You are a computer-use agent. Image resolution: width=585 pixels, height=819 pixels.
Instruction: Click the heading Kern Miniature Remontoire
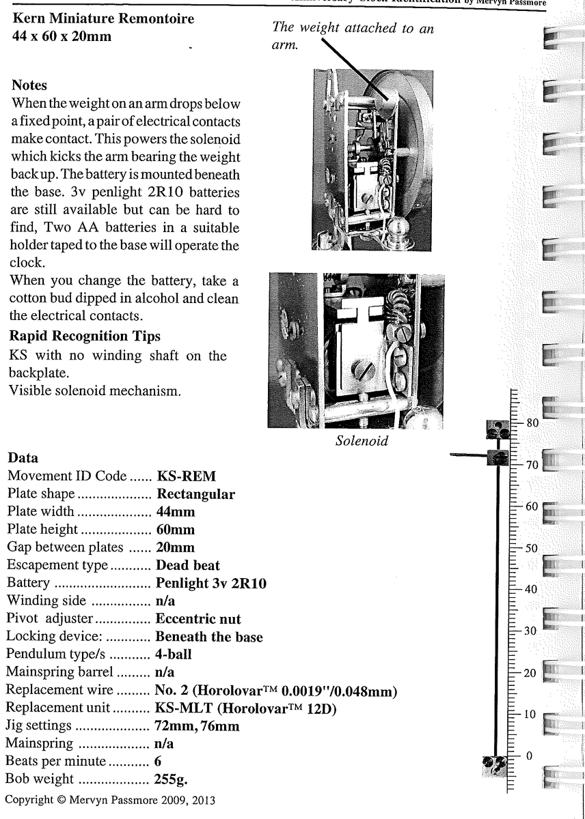(103, 19)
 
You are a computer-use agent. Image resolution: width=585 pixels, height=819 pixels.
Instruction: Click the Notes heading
(29, 86)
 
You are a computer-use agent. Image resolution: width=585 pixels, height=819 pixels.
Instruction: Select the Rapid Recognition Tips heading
(85, 336)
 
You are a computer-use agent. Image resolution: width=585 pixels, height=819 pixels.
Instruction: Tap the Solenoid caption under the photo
(362, 441)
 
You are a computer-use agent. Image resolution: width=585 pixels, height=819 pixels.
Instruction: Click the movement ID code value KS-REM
(187, 476)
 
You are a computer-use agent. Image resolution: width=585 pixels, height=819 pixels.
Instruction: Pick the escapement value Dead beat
(188, 565)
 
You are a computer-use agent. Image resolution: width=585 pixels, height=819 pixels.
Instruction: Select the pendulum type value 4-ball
(174, 654)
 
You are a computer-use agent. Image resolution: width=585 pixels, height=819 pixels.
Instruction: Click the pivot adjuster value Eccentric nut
(198, 619)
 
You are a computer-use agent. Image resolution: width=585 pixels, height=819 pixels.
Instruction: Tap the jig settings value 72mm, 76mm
(198, 725)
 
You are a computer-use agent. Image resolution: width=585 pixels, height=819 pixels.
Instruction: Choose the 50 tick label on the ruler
(532, 548)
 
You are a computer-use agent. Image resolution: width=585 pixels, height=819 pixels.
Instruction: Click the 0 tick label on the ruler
(528, 756)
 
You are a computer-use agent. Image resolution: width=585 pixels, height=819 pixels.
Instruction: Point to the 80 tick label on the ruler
(532, 423)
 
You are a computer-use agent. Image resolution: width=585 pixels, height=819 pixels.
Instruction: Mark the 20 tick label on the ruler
(532, 673)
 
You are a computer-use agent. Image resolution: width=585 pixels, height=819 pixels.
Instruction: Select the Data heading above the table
(23, 458)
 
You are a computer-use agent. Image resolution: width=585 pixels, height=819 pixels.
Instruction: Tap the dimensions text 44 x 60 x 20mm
(62, 35)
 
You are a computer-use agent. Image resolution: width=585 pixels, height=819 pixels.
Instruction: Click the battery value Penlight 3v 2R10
(211, 583)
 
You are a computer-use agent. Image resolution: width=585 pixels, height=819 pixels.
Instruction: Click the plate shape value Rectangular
(195, 494)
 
